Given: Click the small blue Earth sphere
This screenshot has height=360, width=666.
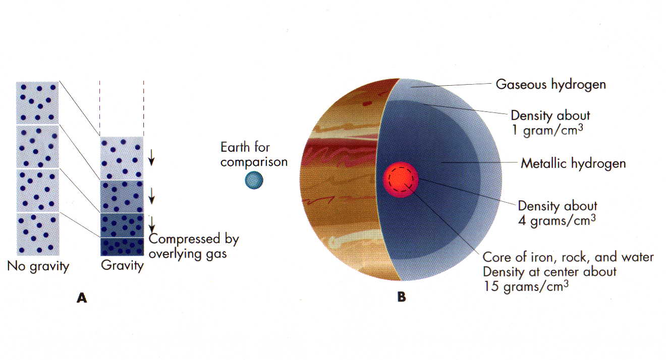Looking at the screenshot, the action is pos(254,180).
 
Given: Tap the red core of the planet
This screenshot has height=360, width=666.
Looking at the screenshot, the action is pos(401,179).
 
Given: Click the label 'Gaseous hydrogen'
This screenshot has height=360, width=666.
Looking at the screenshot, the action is pos(550,84).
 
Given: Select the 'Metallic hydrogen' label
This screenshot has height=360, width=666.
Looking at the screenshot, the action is pos(573,163).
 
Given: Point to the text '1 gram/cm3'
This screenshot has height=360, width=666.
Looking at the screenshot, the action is pos(547,130).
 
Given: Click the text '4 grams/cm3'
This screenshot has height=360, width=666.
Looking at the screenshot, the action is pos(557,220).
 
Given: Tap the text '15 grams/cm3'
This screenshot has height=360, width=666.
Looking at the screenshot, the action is pos(526,286).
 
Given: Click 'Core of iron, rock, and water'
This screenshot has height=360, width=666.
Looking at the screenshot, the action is pos(568,257).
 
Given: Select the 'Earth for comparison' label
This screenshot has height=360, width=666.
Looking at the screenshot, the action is pos(254,154).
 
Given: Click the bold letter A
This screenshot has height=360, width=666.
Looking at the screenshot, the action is pos(82,297).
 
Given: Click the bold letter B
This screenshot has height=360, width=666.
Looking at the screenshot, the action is pos(402,297).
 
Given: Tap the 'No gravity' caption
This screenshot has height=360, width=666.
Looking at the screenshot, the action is pos(38,266).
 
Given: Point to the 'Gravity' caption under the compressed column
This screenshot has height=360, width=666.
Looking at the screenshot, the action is pos(122,266).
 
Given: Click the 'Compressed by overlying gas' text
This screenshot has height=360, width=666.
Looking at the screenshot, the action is pos(194,246).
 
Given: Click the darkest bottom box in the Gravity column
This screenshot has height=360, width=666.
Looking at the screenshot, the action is pos(122,247).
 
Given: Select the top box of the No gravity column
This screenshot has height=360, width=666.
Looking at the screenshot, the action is pos(37,102).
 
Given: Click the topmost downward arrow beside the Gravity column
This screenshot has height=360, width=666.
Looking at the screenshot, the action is pos(151,157).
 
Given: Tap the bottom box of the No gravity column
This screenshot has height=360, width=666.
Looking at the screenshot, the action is pos(38,234).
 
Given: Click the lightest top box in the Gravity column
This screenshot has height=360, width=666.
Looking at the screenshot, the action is pos(122,158).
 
